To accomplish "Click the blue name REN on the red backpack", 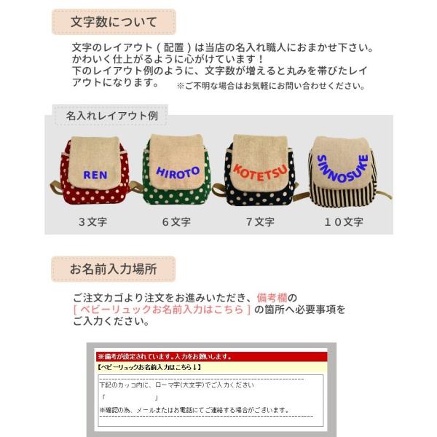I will (x=95, y=175).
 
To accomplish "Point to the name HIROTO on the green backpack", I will (x=178, y=173).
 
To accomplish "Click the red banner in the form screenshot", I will (x=164, y=357).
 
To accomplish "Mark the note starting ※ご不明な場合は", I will (x=269, y=86).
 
